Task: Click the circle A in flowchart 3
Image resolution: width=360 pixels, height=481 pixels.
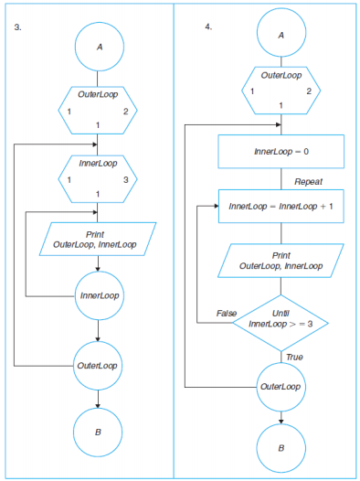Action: pyautogui.click(x=98, y=48)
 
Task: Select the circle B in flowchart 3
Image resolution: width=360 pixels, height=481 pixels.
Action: pyautogui.click(x=98, y=430)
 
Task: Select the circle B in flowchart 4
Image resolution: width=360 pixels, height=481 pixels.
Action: pyautogui.click(x=281, y=448)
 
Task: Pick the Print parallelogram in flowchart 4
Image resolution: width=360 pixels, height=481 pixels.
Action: pyautogui.click(x=281, y=261)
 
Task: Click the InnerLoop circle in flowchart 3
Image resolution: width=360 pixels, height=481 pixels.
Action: pyautogui.click(x=98, y=295)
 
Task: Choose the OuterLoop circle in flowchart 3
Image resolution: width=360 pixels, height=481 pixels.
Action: pyautogui.click(x=98, y=365)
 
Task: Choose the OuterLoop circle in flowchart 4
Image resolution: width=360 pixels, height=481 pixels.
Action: pyautogui.click(x=281, y=386)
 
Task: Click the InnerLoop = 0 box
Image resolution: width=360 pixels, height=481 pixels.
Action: pyautogui.click(x=281, y=150)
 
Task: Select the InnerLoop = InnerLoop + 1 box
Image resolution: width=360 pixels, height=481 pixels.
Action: pyautogui.click(x=281, y=206)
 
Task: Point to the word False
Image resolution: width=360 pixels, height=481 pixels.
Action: pyautogui.click(x=227, y=314)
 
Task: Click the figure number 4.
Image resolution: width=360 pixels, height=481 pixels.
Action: pyautogui.click(x=208, y=27)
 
